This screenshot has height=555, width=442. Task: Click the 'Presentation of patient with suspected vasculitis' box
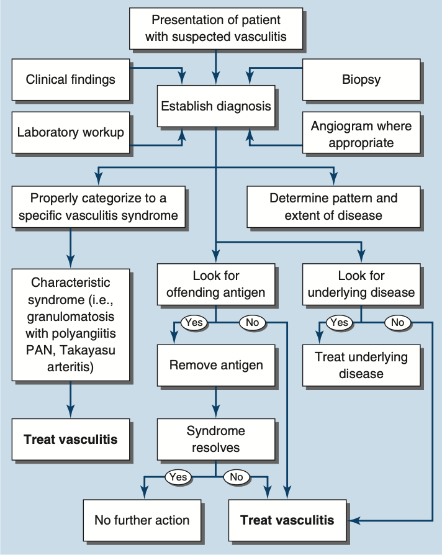[216, 29]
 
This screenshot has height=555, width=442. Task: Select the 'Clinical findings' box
[70, 79]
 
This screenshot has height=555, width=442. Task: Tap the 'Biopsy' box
[361, 79]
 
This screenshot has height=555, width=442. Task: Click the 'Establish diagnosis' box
[216, 106]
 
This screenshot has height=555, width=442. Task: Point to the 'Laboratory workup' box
[70, 132]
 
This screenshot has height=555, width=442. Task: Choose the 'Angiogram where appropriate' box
[361, 134]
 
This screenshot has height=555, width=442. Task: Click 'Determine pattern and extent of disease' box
[333, 207]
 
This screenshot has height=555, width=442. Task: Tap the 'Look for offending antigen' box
[215, 284]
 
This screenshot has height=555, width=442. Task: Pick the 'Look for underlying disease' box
[361, 284]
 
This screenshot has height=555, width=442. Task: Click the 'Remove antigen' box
[215, 364]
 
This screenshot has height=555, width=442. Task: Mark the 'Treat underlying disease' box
[361, 365]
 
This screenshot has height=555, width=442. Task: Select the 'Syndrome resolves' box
[215, 439]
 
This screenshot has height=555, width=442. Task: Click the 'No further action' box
[142, 520]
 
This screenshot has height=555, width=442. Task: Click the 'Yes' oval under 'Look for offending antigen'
[193, 323]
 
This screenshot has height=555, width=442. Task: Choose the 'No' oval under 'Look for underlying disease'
[398, 323]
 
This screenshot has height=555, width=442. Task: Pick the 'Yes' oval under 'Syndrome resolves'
[178, 477]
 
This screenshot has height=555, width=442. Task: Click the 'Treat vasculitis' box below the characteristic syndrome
[70, 439]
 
